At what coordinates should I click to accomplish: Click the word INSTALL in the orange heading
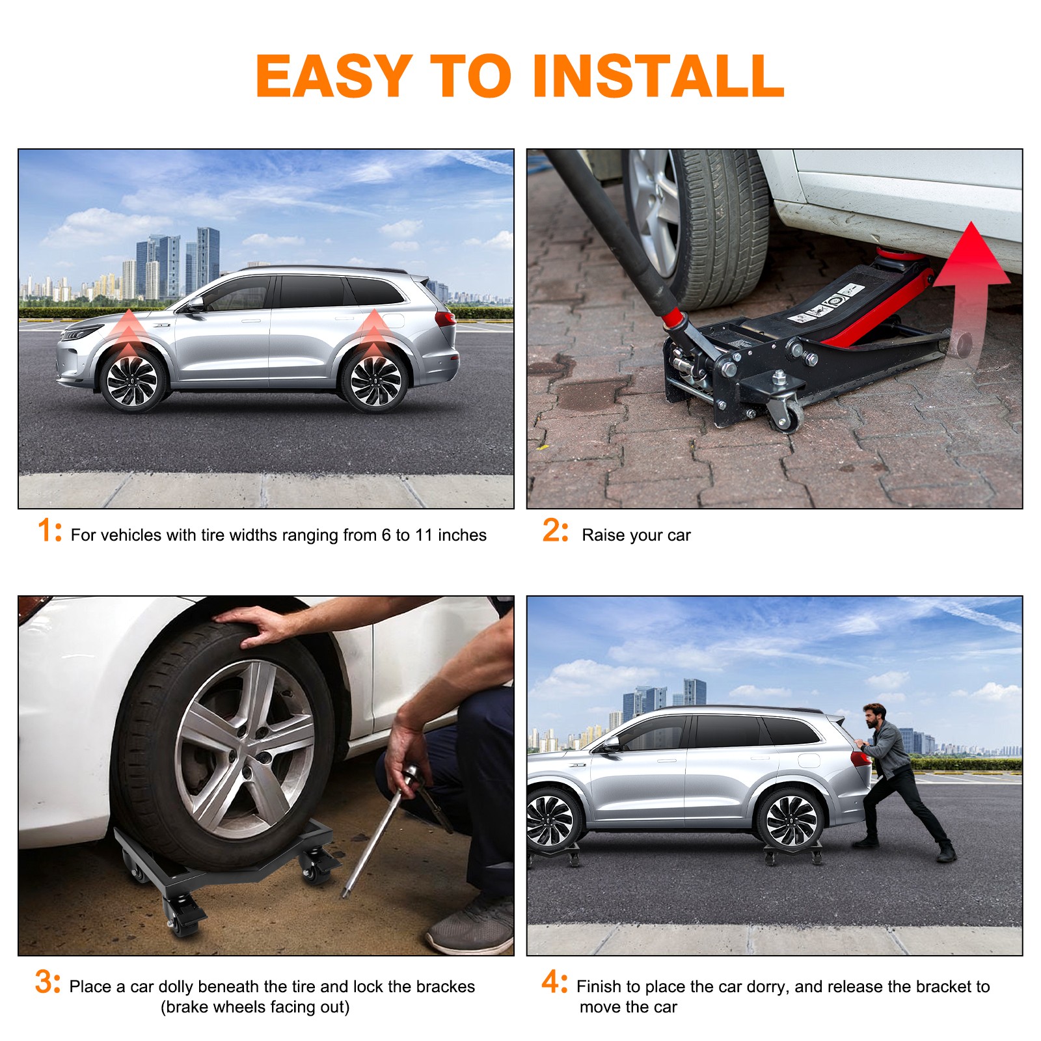[658, 76]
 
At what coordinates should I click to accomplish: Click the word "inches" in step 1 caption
[462, 535]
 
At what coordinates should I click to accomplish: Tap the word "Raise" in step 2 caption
[601, 535]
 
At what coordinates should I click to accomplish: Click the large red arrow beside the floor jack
[971, 286]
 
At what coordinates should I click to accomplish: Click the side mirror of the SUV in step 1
[194, 303]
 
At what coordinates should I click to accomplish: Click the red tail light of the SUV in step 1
[446, 319]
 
